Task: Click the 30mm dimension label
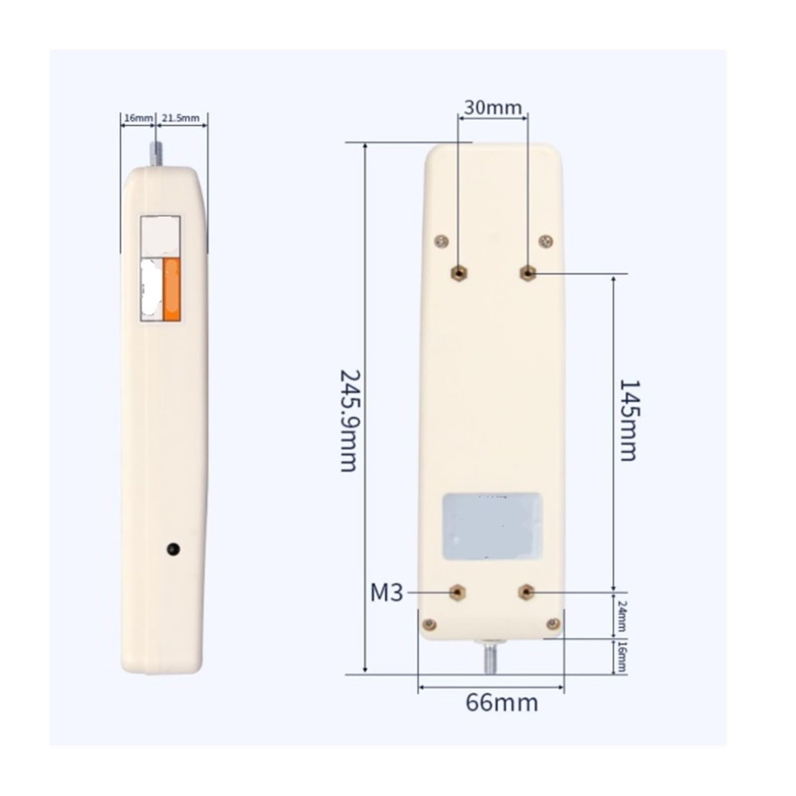pyautogui.click(x=493, y=107)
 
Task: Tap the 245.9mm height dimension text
pyautogui.click(x=348, y=420)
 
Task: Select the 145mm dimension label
pyautogui.click(x=628, y=420)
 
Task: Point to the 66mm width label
pyautogui.click(x=501, y=703)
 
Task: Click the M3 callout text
pyautogui.click(x=387, y=593)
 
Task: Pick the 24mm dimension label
pyautogui.click(x=621, y=616)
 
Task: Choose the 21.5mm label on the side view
pyautogui.click(x=180, y=118)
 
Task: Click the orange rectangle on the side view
pyautogui.click(x=172, y=290)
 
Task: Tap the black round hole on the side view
pyautogui.click(x=173, y=549)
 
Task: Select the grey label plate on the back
pyautogui.click(x=493, y=526)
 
